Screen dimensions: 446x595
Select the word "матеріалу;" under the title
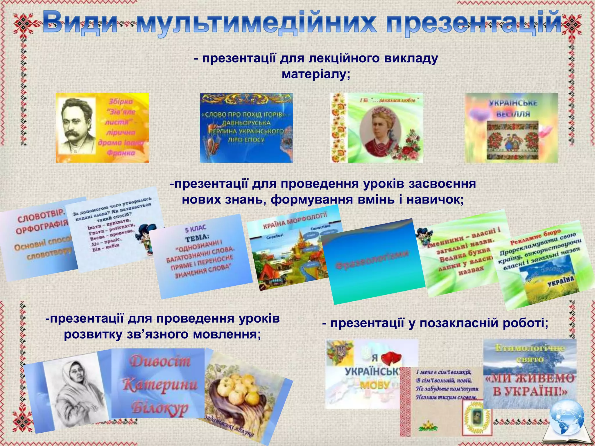316,74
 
